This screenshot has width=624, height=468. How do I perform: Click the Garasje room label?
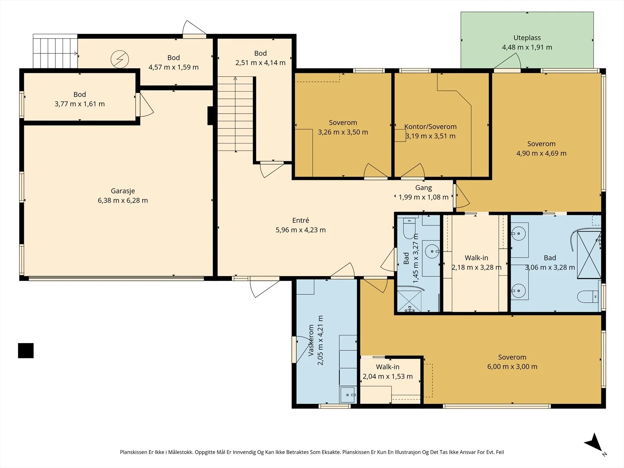(123, 191)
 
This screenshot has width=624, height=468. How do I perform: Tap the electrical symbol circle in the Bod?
(120, 59)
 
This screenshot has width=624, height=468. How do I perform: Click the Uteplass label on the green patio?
(527, 38)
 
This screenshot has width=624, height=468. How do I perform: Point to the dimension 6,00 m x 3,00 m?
(512, 367)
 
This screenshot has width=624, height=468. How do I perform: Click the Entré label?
(300, 220)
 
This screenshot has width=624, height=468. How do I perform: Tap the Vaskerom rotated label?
(311, 340)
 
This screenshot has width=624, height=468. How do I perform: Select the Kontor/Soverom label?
(431, 127)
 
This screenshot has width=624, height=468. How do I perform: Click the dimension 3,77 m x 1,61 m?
(80, 104)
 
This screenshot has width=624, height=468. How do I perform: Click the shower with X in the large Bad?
(589, 255)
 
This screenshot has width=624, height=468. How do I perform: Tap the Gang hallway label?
(424, 188)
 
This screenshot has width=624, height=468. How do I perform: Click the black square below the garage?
(26, 351)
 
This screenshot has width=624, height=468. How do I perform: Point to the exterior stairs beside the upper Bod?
(55, 51)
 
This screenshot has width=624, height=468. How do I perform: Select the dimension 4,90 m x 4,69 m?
(541, 153)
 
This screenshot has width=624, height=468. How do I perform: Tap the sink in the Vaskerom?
(348, 395)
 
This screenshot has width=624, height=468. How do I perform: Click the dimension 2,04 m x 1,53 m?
(388, 376)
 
